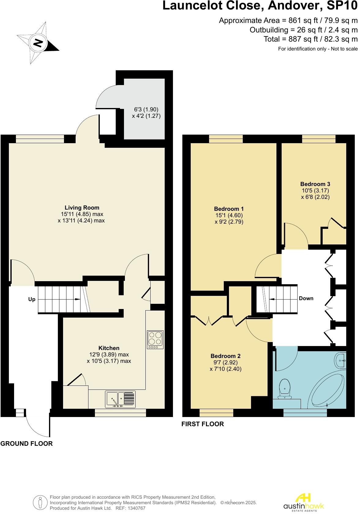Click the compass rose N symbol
38,43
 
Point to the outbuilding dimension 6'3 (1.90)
147,110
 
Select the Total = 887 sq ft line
312,39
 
